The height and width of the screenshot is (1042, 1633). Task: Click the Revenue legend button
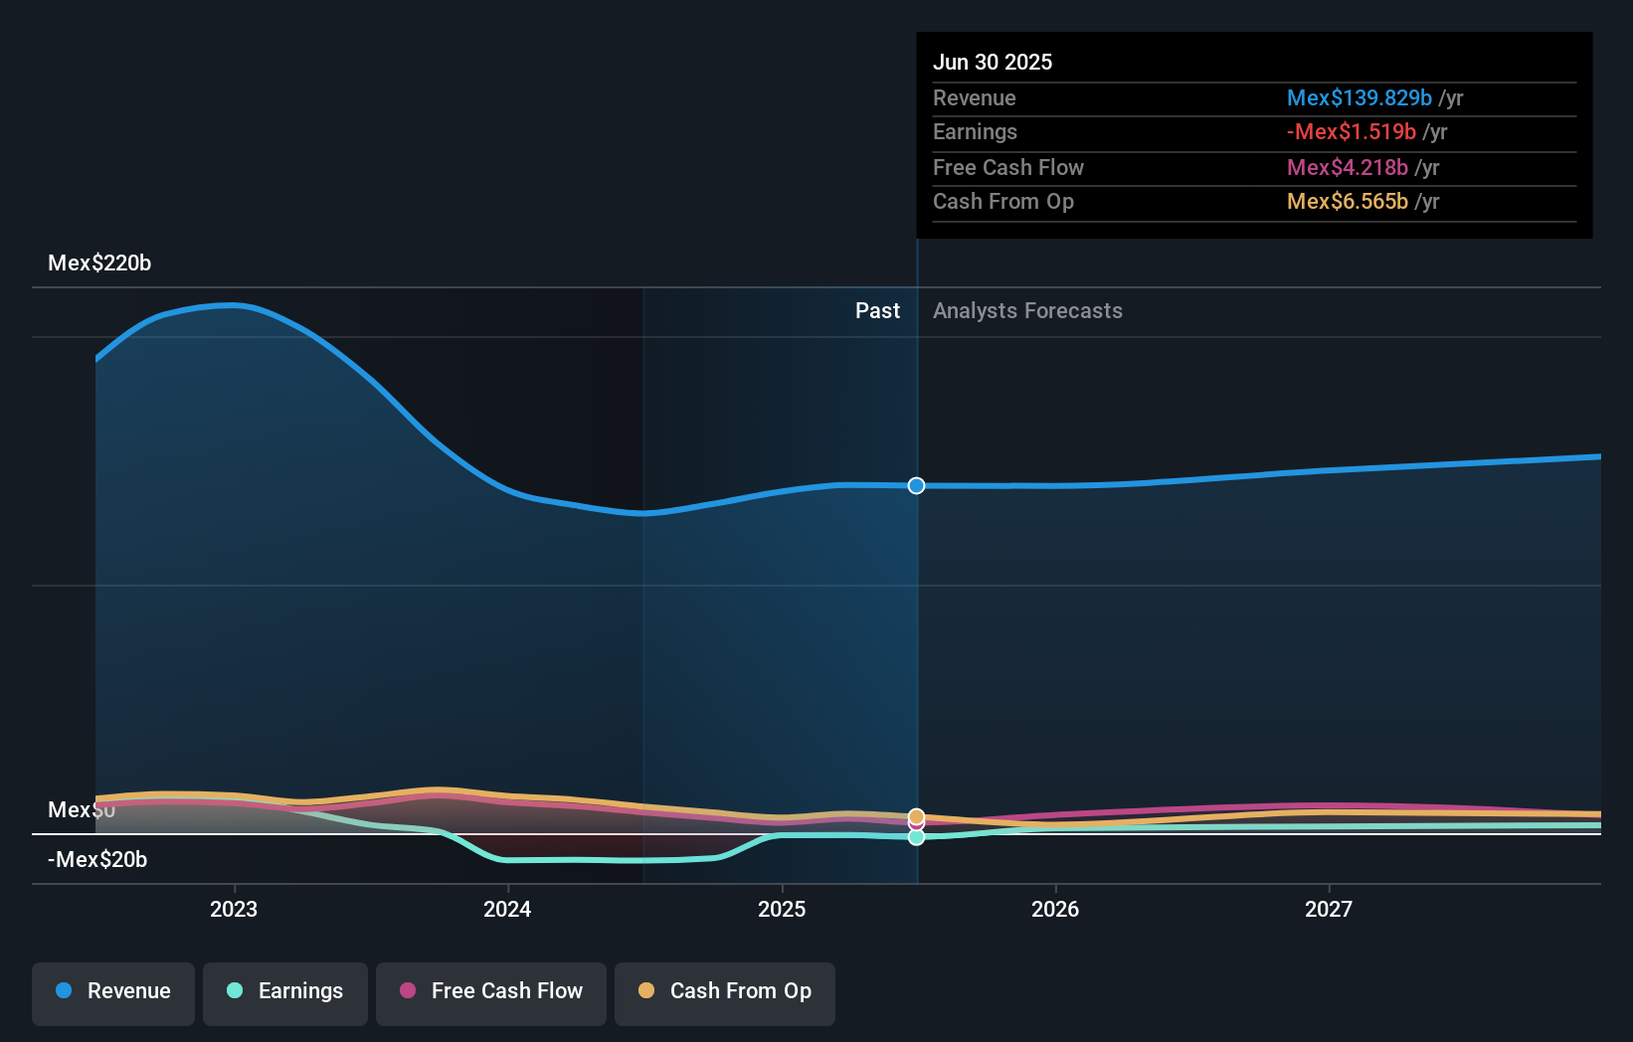113,991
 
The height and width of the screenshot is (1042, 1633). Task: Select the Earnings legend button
285,991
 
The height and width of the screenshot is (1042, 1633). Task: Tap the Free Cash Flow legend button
491,991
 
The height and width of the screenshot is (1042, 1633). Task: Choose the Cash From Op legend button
725,991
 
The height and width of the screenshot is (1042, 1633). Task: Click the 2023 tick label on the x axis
234,909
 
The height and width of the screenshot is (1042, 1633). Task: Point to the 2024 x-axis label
507,909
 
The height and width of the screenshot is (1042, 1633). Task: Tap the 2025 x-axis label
782,909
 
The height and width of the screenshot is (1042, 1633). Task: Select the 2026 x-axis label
1055,909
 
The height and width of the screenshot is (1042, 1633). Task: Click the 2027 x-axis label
1329,909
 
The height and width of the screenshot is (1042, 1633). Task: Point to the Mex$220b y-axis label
99,262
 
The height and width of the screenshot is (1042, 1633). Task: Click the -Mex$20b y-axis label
97,859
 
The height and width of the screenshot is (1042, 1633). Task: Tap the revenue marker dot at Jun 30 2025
916,485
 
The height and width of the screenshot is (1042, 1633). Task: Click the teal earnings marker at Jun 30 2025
916,837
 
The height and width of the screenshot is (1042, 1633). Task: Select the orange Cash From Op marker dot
916,816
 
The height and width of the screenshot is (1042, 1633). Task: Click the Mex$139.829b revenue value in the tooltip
1359,97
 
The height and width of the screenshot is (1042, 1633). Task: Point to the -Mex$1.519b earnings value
1351,131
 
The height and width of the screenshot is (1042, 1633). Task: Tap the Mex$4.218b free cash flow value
1347,167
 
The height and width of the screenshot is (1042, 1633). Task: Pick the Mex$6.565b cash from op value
1347,201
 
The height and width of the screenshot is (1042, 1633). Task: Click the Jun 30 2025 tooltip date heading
992,62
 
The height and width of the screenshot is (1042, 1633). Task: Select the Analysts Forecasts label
1027,310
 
